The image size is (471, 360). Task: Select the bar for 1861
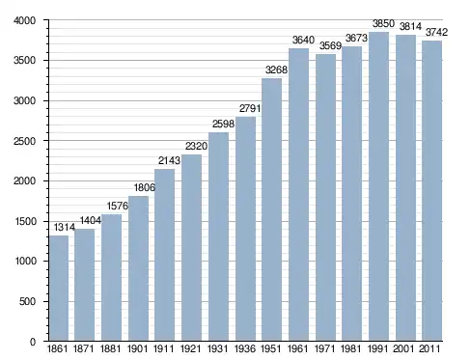tap(59, 289)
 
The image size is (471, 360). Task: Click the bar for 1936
tap(245, 229)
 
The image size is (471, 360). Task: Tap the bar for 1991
tap(378, 186)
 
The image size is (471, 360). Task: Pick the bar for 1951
tap(272, 209)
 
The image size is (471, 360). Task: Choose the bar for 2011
tap(431, 191)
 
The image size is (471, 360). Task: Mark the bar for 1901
tap(138, 268)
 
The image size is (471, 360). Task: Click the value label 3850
tap(383, 23)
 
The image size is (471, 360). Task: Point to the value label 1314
tap(65, 228)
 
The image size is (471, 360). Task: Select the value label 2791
tap(250, 108)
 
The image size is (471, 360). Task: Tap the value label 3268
tap(276, 69)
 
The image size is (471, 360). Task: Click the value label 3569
tap(330, 46)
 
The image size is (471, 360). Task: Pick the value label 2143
tap(169, 160)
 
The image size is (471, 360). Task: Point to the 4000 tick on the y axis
tap(24, 20)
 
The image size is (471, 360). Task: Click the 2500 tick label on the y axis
tap(24, 141)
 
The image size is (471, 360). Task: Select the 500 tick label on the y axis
tap(27, 301)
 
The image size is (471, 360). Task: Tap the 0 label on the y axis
tap(33, 342)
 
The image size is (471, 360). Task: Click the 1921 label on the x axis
tap(191, 348)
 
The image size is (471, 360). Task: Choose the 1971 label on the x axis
tap(324, 348)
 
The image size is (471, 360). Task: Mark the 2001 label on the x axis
tap(403, 348)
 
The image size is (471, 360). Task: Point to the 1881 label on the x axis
tap(110, 348)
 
